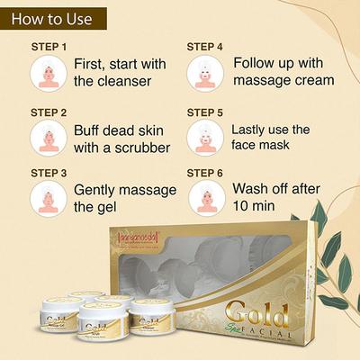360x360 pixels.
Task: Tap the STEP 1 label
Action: coord(48,46)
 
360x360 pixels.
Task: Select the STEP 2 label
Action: coord(48,112)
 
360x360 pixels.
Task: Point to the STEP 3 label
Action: coord(48,172)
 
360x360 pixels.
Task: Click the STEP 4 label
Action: coord(205,46)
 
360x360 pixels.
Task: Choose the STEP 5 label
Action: coord(205,112)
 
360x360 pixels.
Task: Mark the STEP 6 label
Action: coord(205,172)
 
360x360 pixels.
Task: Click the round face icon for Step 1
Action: coord(48,73)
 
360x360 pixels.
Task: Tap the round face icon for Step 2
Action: coord(48,138)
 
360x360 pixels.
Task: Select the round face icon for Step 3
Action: coord(48,198)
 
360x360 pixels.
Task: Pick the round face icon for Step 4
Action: coord(205,73)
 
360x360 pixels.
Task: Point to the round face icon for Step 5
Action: coord(205,138)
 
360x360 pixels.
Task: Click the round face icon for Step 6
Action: coord(205,198)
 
